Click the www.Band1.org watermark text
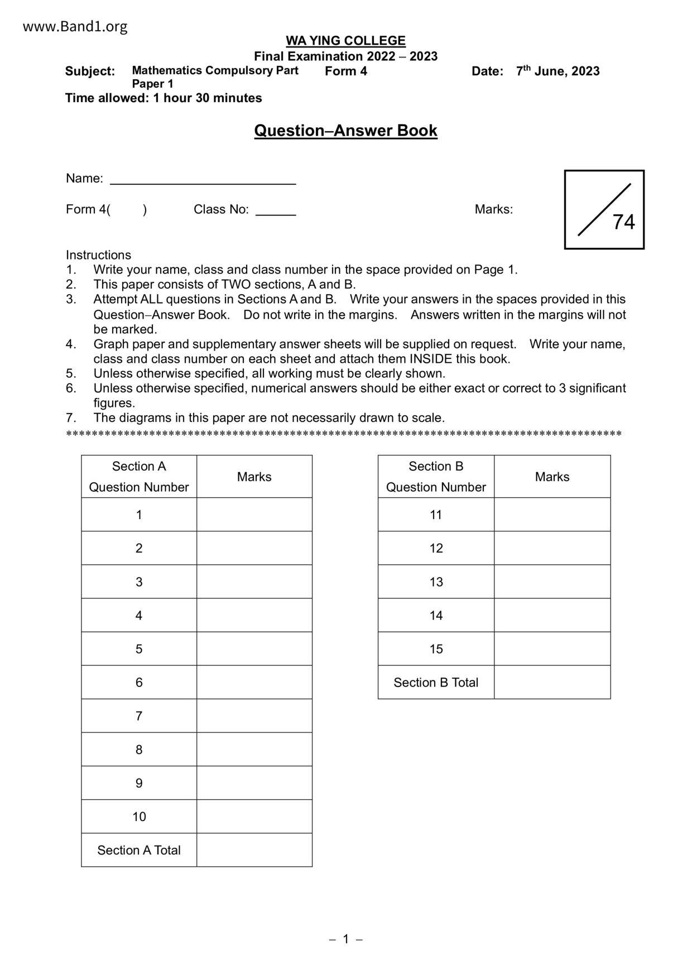[x=75, y=26]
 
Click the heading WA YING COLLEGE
[x=345, y=41]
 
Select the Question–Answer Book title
[x=345, y=131]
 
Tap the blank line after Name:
[x=203, y=180]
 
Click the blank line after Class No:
[x=275, y=210]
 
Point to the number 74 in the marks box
[x=623, y=222]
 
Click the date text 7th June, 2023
[x=558, y=71]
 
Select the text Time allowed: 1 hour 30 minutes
[x=164, y=98]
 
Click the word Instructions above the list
[x=98, y=255]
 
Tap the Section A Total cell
[x=139, y=850]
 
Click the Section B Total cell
[x=436, y=683]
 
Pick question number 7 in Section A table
[x=139, y=716]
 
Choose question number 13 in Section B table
[x=436, y=582]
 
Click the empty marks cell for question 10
[x=254, y=817]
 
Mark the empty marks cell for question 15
[x=552, y=649]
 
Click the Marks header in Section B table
[x=552, y=477]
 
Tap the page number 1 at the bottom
[x=345, y=939]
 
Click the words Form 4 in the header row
[x=346, y=71]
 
